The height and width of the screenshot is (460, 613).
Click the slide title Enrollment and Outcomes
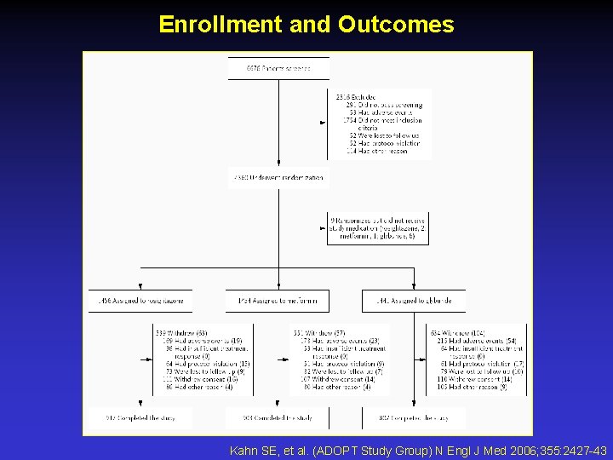coord(306,24)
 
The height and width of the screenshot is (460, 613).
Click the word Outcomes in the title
coord(395,24)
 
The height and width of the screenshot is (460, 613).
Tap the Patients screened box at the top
coord(278,68)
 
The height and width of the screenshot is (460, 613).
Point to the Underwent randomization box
coord(278,179)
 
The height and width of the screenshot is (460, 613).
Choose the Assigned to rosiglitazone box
coord(140,301)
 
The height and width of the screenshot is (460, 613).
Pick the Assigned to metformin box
coord(278,301)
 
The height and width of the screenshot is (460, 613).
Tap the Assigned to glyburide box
coord(414,301)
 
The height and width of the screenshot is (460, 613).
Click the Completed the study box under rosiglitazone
coord(140,417)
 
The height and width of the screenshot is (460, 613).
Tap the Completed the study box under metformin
coord(278,417)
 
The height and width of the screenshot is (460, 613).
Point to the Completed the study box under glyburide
coord(414,417)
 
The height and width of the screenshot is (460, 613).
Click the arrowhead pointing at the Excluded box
coord(323,123)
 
